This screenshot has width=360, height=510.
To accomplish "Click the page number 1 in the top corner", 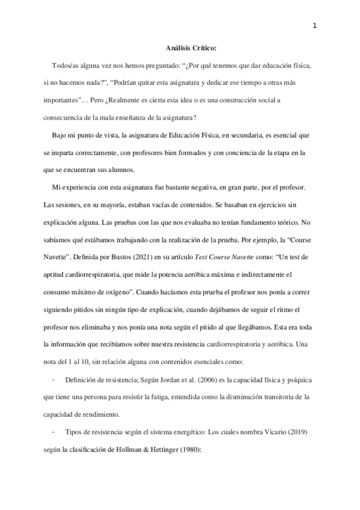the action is point(314,25).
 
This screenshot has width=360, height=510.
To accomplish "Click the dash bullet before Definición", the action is point(55,380).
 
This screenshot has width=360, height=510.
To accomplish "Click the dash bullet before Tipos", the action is point(55,432).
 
